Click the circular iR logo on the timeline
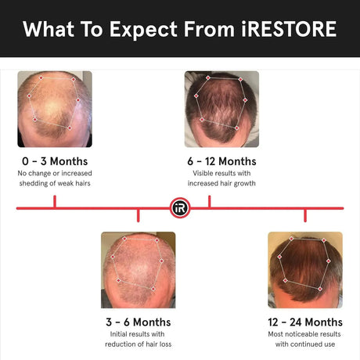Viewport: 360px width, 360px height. pyautogui.click(x=179, y=208)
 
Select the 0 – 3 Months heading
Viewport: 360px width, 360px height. pyautogui.click(x=54, y=161)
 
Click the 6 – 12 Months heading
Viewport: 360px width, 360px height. pyautogui.click(x=221, y=161)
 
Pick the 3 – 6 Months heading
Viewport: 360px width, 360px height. pyautogui.click(x=138, y=322)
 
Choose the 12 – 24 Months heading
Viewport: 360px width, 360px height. pyautogui.click(x=304, y=322)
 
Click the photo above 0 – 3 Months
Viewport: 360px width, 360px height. pyautogui.click(x=54, y=110)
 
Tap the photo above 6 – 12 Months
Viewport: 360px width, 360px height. pyautogui.click(x=221, y=110)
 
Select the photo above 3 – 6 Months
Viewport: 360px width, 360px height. pyautogui.click(x=138, y=269)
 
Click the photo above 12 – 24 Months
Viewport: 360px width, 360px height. pyautogui.click(x=304, y=269)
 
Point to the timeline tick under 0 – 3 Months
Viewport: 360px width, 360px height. pyautogui.click(x=54, y=202)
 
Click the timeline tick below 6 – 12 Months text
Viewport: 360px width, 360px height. pyautogui.click(x=209, y=202)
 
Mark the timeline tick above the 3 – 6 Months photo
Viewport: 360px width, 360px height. pyautogui.click(x=138, y=214)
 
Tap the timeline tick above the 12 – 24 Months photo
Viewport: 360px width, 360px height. pyautogui.click(x=304, y=214)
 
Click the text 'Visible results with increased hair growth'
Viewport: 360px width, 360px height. pyautogui.click(x=221, y=178)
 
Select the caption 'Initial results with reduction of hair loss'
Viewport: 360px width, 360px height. pyautogui.click(x=138, y=339)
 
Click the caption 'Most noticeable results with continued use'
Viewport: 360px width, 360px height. pyautogui.click(x=304, y=339)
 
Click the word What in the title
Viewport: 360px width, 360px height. pyautogui.click(x=49, y=29)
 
